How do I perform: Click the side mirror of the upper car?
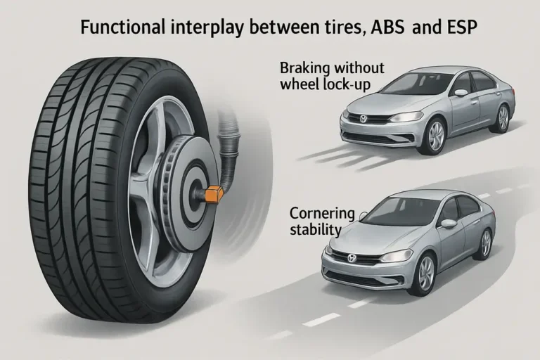coord(461,93)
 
